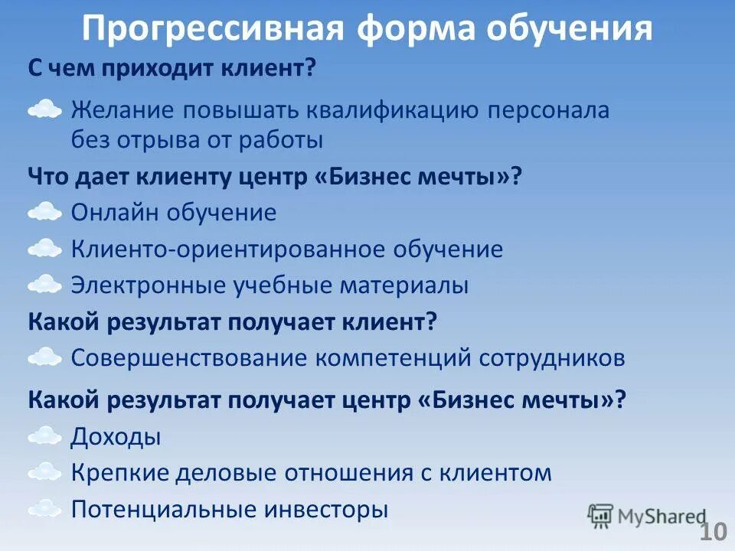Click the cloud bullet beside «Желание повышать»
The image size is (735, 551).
pos(44,110)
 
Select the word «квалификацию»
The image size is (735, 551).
pos(394,110)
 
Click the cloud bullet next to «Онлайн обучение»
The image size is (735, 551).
pos(44,212)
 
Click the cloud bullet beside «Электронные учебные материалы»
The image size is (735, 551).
pos(44,285)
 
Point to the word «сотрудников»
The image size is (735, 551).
pos(552,357)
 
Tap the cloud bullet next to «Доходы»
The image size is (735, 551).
pos(44,437)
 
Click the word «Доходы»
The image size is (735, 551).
pos(116,438)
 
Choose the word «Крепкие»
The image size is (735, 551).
pos(119,473)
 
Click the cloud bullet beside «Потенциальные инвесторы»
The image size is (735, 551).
pos(44,508)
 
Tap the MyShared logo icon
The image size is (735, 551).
pos(601,516)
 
